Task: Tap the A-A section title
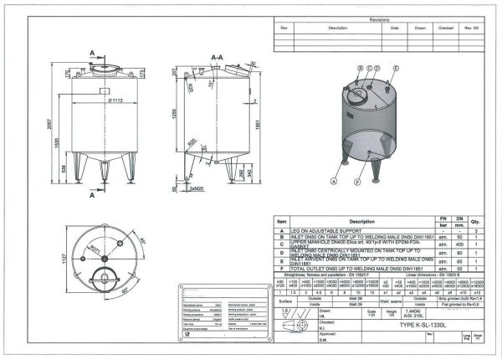point(217,58)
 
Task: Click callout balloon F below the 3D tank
point(357,181)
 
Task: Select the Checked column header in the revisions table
point(446,28)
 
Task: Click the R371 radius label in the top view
point(96,249)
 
